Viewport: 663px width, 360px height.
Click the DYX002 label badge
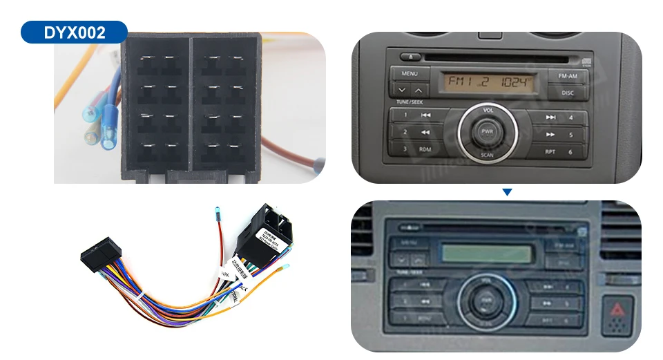[74, 32]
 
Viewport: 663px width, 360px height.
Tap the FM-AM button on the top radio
[567, 75]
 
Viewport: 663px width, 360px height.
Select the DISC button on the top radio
[567, 92]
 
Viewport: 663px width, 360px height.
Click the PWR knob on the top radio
[488, 131]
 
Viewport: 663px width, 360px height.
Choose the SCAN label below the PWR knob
[488, 155]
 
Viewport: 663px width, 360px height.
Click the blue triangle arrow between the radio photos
[507, 191]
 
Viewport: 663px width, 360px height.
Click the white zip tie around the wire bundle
[140, 299]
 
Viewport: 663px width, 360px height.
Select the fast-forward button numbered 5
[559, 134]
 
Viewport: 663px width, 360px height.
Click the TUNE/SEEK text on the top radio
[409, 102]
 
